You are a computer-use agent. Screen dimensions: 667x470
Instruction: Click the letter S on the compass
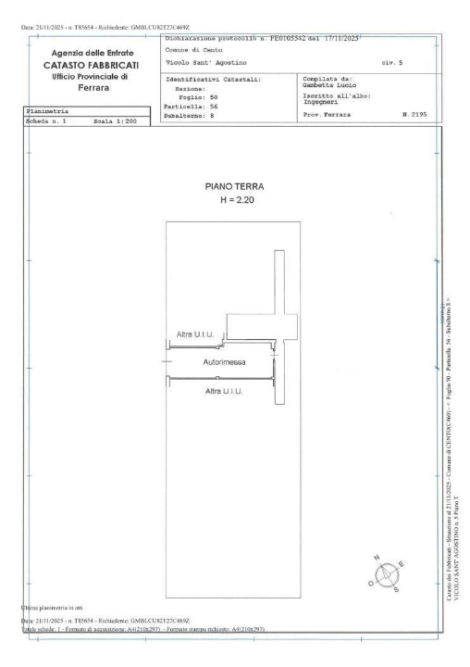(397, 587)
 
